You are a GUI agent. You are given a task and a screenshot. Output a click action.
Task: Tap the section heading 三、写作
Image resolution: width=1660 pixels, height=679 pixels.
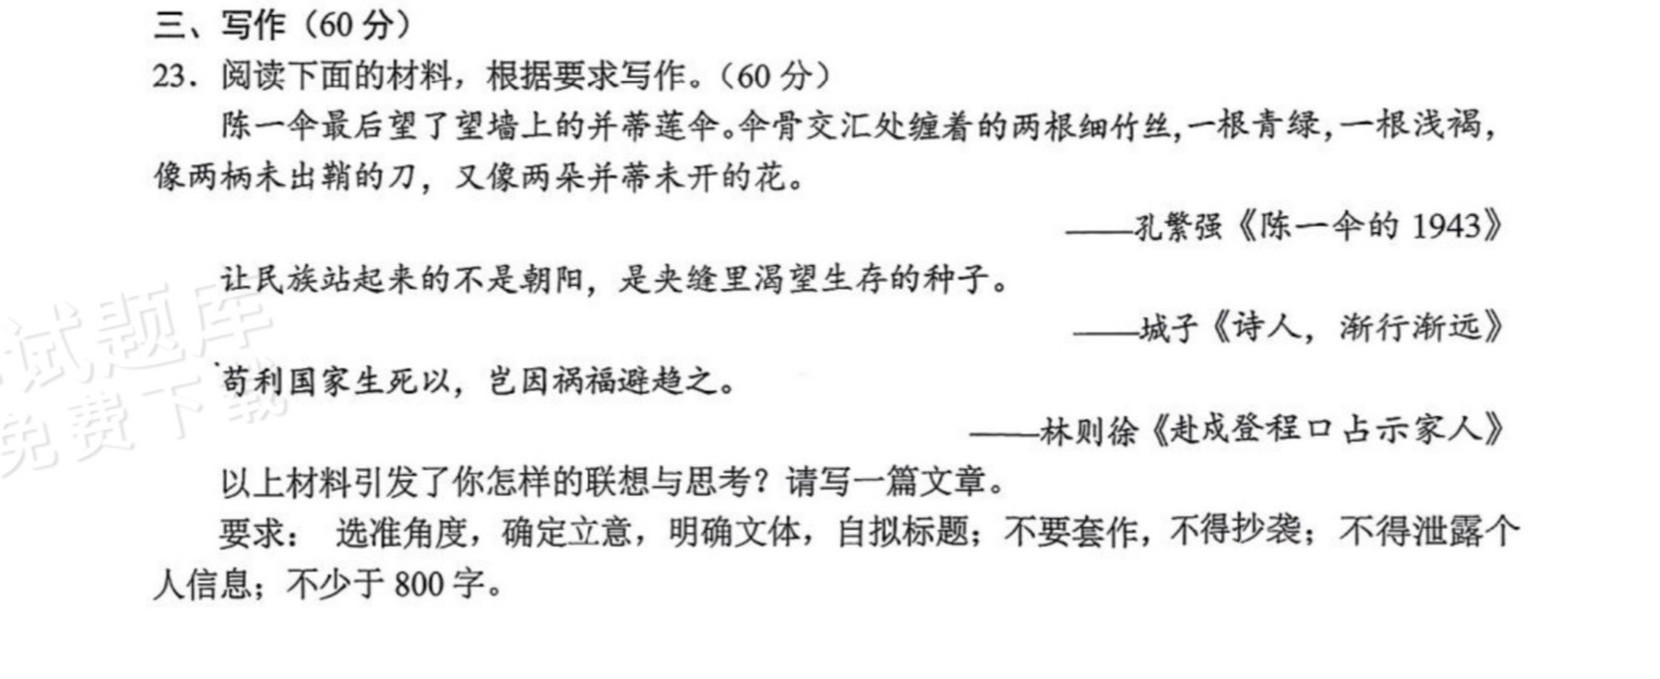(x=219, y=25)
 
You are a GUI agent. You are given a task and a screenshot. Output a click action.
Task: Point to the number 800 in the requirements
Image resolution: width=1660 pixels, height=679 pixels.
(x=419, y=584)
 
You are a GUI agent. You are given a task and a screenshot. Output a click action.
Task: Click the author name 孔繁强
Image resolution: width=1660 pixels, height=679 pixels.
(x=1178, y=226)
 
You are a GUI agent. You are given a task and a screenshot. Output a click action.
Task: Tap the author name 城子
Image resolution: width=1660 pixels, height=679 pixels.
(x=1168, y=328)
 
